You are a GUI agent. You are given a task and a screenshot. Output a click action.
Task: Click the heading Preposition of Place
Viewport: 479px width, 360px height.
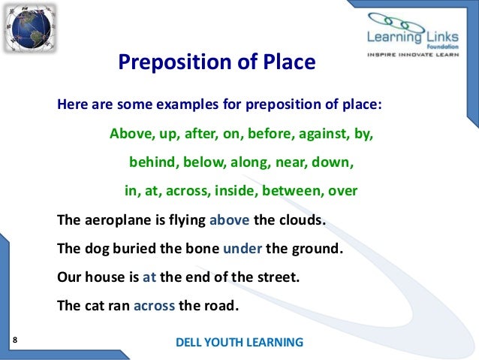pos(217,62)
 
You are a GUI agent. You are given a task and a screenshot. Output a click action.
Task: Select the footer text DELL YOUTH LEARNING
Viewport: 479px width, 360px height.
pos(239,342)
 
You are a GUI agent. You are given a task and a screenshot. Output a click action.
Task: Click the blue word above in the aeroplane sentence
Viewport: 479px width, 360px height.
pos(229,219)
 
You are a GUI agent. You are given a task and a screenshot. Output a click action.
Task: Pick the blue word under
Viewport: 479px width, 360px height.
pos(242,247)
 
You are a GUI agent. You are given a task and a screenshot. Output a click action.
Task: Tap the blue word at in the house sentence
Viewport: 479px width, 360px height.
pos(149,276)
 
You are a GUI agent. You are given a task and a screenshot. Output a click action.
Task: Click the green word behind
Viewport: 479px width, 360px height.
pos(154,162)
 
